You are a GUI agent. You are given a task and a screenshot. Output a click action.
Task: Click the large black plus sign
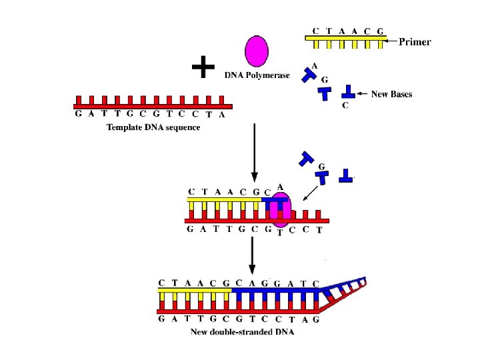(203, 67)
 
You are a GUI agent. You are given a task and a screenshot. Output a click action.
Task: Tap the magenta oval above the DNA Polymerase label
(257, 51)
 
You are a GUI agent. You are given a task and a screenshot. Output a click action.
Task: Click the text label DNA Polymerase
(257, 75)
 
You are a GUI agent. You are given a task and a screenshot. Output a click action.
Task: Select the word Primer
(415, 41)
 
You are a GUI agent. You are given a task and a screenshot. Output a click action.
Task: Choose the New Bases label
(391, 94)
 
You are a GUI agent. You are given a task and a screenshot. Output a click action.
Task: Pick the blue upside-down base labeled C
(348, 91)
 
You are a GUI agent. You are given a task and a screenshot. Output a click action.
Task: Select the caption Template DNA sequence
(153, 127)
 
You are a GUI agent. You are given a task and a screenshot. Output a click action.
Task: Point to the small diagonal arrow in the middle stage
(309, 193)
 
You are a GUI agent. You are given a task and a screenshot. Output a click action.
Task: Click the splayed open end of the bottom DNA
(344, 293)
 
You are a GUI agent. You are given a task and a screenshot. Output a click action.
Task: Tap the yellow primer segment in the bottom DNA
(194, 292)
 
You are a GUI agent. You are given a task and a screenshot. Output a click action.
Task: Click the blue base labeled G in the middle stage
(324, 177)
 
